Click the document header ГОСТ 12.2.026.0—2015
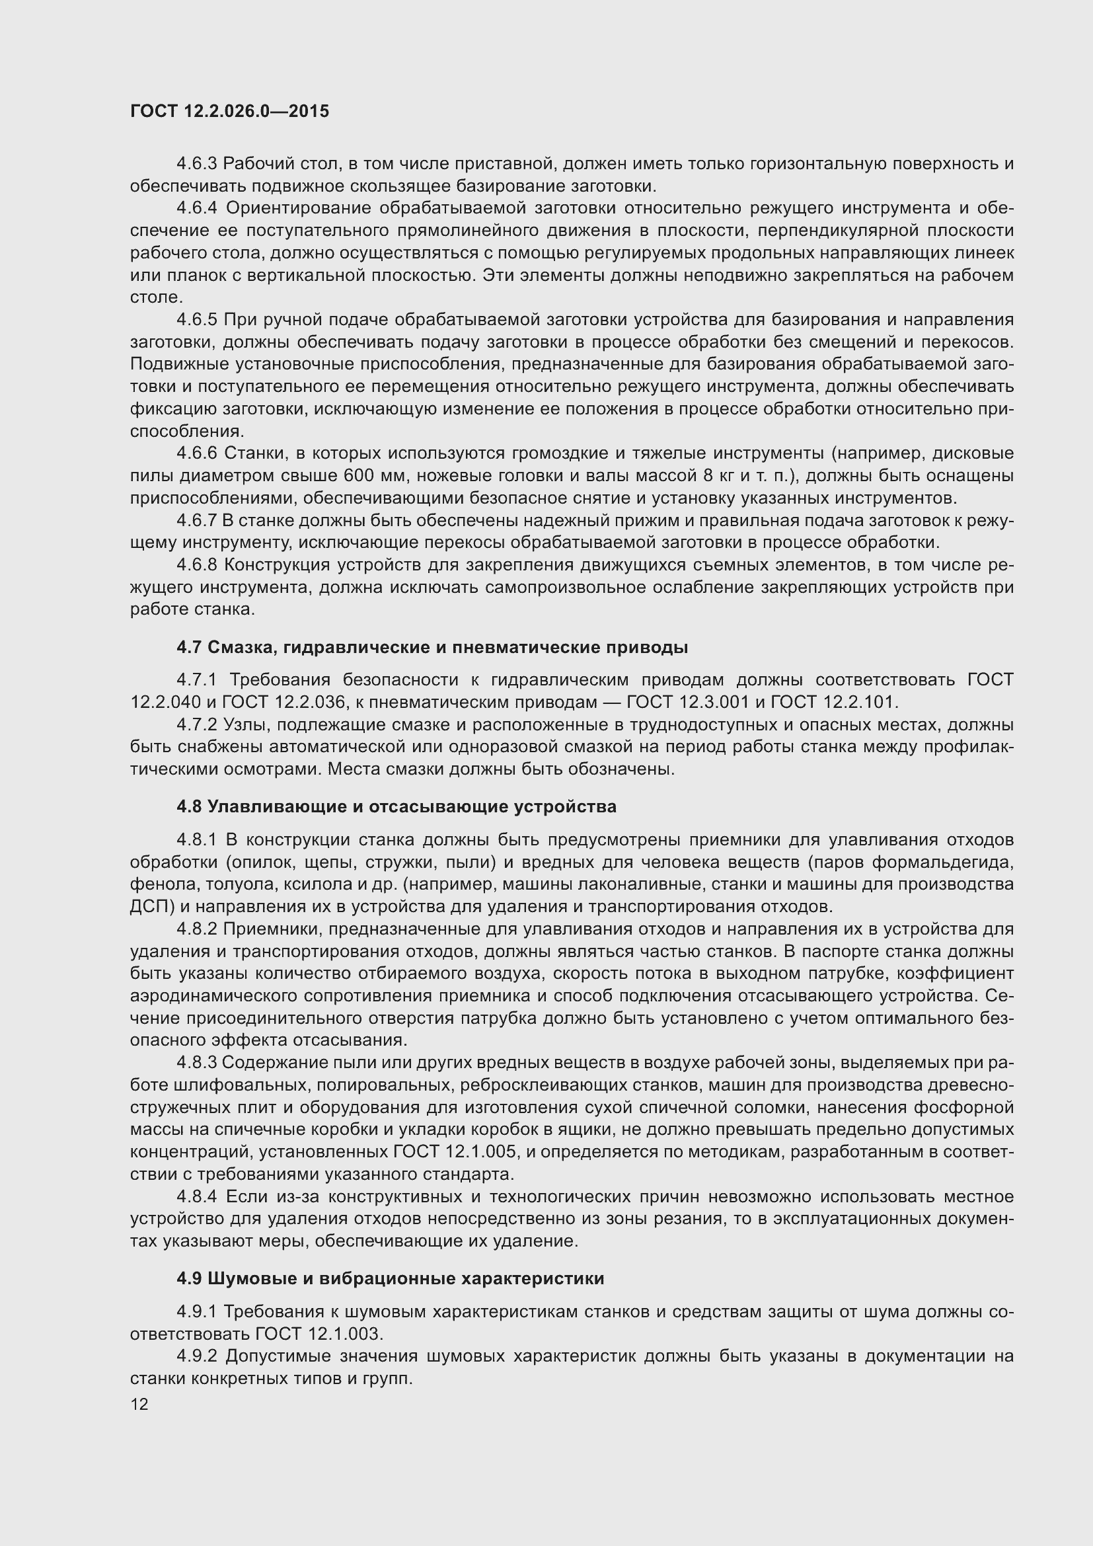tap(229, 111)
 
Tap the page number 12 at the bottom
tap(139, 1404)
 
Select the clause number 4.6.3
tap(196, 164)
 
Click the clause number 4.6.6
tap(196, 453)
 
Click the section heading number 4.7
tap(188, 648)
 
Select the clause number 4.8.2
tap(196, 929)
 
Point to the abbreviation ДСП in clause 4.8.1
tap(148, 906)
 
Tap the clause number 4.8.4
tap(196, 1196)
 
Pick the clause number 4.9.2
tap(196, 1356)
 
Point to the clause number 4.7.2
tap(196, 725)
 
